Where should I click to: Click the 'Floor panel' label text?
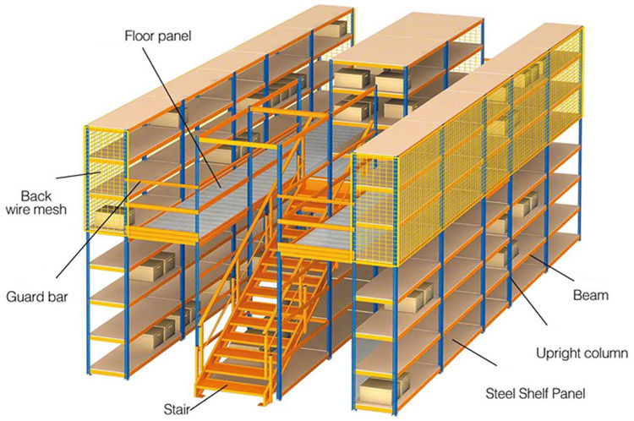point(158,36)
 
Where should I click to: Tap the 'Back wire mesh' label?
point(36,203)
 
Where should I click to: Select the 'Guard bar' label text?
point(37,298)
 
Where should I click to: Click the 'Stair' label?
point(177,409)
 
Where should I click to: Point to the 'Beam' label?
point(591,295)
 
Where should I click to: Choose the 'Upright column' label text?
point(582,353)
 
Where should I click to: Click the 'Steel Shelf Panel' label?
point(535,393)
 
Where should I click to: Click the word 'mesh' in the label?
point(52,210)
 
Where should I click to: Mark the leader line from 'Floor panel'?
point(182,117)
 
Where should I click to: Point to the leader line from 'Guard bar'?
point(98,229)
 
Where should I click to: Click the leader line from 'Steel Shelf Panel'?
point(474,353)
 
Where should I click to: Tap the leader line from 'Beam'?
point(551,268)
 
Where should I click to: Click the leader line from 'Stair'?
point(207,397)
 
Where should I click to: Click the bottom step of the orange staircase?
point(232,381)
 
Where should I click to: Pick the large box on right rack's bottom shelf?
point(383,391)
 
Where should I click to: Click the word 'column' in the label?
point(605,353)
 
